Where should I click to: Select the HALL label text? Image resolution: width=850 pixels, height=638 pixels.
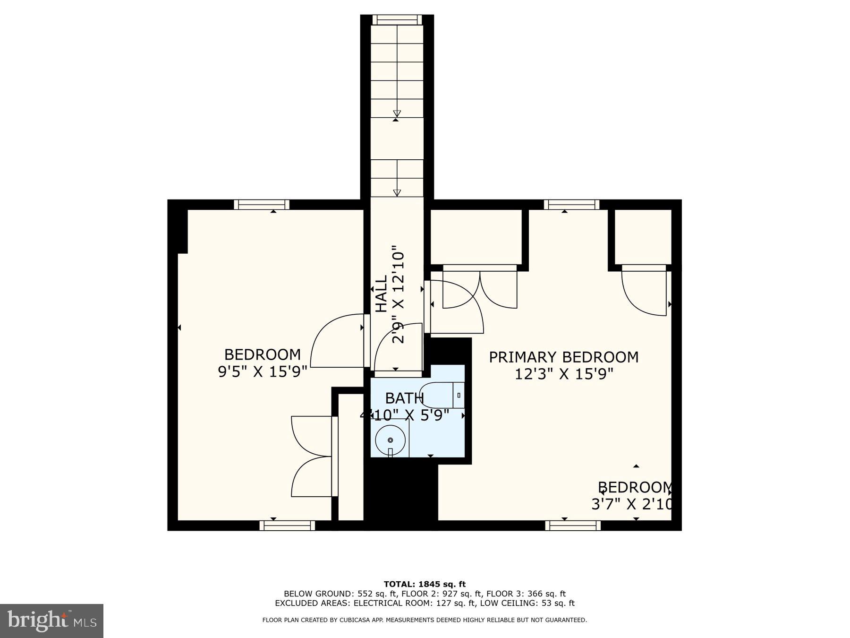(381, 294)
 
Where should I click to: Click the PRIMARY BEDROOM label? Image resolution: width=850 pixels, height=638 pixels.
(563, 357)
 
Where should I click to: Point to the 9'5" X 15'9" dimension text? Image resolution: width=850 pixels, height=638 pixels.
(262, 371)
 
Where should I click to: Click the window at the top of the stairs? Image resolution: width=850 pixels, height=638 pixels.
(397, 19)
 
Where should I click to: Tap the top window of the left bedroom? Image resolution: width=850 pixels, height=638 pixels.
(262, 204)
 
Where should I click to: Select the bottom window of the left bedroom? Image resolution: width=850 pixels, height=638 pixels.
(287, 526)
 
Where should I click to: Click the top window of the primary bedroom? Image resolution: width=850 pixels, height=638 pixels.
(571, 204)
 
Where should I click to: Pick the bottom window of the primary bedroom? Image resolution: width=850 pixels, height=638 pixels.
(573, 526)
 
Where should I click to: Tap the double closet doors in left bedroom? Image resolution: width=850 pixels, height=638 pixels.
(312, 457)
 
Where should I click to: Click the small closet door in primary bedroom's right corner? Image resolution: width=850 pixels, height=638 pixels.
(643, 291)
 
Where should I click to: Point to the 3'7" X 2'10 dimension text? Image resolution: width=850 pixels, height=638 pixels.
(631, 504)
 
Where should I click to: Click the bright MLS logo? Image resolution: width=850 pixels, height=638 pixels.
(51, 621)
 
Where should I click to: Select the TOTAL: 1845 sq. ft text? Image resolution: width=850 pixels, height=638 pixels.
(425, 585)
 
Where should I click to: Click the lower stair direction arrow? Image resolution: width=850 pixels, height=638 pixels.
(397, 192)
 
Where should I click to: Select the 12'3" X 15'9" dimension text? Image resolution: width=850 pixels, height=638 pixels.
(563, 374)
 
